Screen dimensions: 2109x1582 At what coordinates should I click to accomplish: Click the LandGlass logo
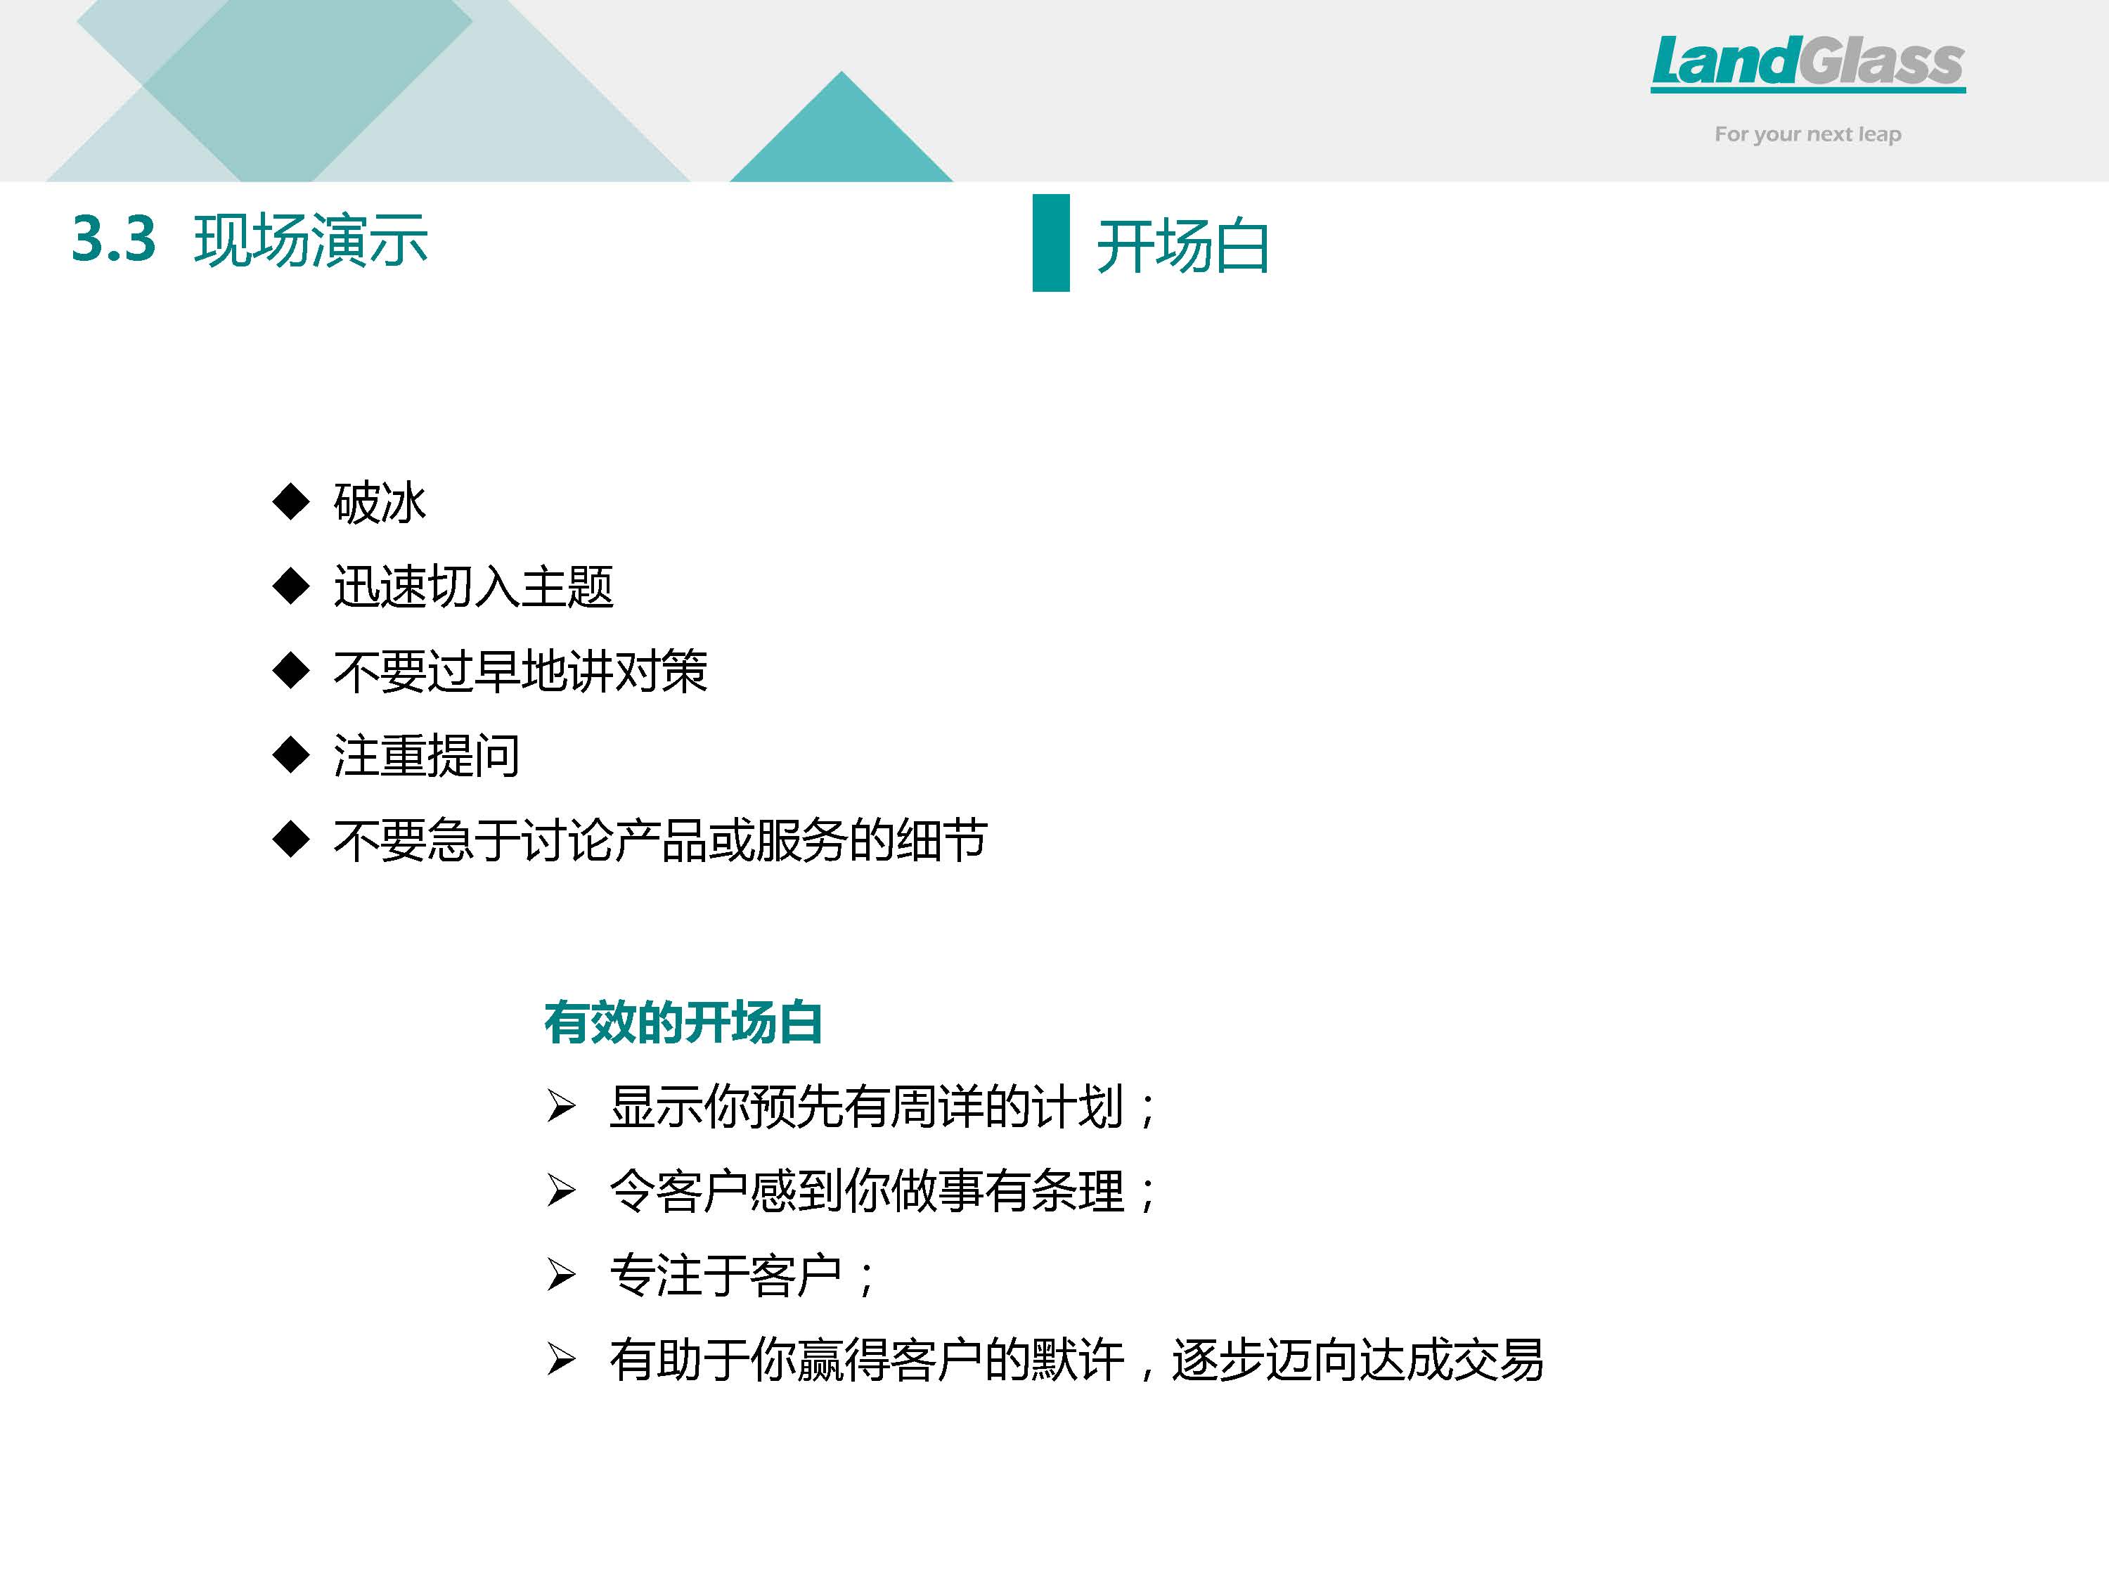click(x=1807, y=64)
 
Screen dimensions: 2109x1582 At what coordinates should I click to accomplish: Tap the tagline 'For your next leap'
click(x=1807, y=134)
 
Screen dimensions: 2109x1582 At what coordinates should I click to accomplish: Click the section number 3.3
click(x=113, y=238)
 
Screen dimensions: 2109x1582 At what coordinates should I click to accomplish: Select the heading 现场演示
click(x=311, y=239)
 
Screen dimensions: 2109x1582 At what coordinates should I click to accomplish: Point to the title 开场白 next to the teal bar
click(x=1183, y=246)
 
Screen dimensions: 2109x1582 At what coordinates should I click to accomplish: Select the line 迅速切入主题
click(x=473, y=586)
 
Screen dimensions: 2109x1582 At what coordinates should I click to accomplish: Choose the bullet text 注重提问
click(x=426, y=755)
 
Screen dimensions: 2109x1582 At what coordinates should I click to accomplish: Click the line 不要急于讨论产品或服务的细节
click(x=661, y=840)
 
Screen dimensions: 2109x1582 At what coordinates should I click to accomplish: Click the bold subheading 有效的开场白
click(x=683, y=1022)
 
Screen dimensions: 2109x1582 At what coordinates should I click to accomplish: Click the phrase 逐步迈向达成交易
click(x=1357, y=1360)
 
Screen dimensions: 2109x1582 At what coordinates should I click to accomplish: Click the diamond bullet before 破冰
click(x=291, y=501)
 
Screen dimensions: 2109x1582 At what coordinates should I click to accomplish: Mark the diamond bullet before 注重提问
click(x=291, y=755)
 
